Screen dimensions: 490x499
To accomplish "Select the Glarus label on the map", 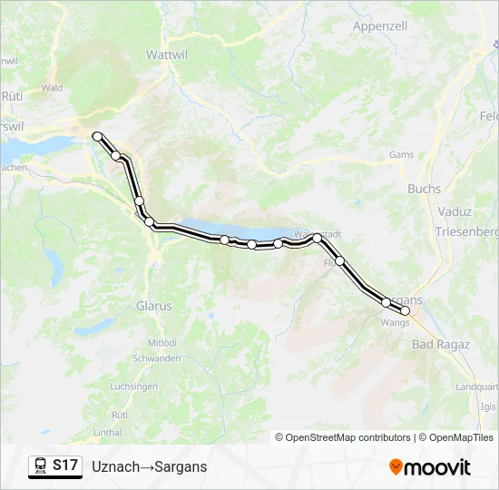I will point(153,306).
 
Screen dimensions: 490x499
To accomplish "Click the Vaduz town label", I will point(454,211).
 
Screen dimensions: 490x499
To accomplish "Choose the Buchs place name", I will point(425,189).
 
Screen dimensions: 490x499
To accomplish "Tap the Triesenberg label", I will point(466,231).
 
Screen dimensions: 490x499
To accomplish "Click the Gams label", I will point(401,155).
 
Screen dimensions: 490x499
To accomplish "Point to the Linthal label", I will point(107,432).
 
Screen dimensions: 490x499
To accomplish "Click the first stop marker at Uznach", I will point(97,136).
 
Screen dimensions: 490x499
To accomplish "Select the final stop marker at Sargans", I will point(406,310).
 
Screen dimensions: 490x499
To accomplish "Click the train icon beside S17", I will point(40,465).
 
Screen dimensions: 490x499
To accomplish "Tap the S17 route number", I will point(64,465).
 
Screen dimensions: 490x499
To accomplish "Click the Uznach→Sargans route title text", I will point(149,466).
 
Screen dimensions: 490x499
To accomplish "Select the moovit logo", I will point(430,466).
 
